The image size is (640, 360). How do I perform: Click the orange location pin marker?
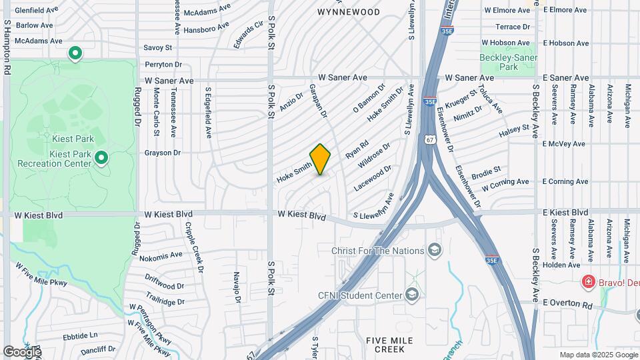[x=320, y=159]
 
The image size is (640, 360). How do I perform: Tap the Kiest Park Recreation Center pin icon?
[x=101, y=158]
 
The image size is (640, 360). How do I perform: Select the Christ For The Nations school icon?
[x=435, y=251]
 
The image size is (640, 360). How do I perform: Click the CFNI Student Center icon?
[x=413, y=295]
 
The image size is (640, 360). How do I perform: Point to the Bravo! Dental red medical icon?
[x=588, y=282]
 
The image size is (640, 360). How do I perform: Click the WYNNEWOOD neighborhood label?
[x=349, y=12]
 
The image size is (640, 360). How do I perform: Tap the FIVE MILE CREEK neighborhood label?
[x=390, y=345]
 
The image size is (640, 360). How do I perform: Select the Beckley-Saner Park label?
[x=509, y=62]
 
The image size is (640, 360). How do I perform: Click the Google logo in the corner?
[x=21, y=351]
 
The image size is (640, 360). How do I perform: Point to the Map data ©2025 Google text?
[x=598, y=355]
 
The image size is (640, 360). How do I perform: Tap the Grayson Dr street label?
[x=163, y=153]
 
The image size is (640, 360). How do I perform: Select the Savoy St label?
[x=158, y=48]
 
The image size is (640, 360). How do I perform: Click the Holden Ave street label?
[x=561, y=265]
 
